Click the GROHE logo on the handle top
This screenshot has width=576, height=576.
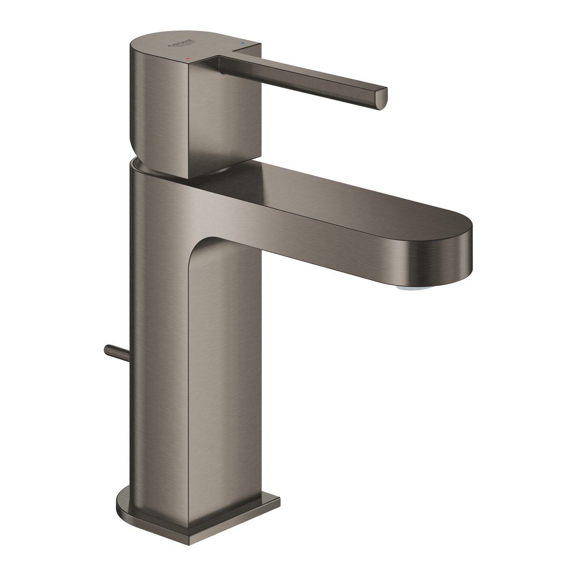coord(182,45)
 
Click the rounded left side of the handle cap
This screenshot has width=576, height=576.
coord(137,103)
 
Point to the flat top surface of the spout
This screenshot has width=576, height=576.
coord(342,189)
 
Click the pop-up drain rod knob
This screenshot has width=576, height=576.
coord(108,349)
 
